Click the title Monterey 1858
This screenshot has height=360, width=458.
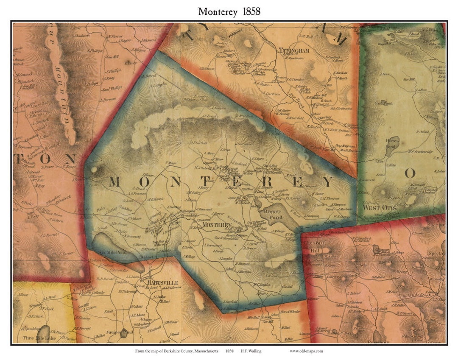click(229, 11)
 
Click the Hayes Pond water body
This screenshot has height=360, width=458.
click(391, 148)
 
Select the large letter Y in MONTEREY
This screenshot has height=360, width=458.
click(328, 182)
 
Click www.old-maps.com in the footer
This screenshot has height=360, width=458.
click(307, 351)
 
